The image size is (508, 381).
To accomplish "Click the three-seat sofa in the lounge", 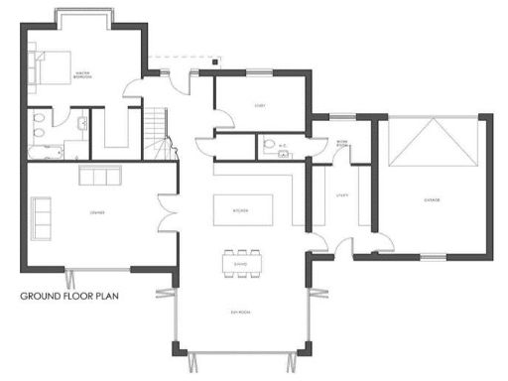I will pos(97,177).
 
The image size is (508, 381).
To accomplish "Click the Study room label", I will pos(261,105).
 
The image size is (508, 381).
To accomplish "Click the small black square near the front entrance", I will pos(215,63).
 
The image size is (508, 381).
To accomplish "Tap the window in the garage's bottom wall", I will pos(432,258).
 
